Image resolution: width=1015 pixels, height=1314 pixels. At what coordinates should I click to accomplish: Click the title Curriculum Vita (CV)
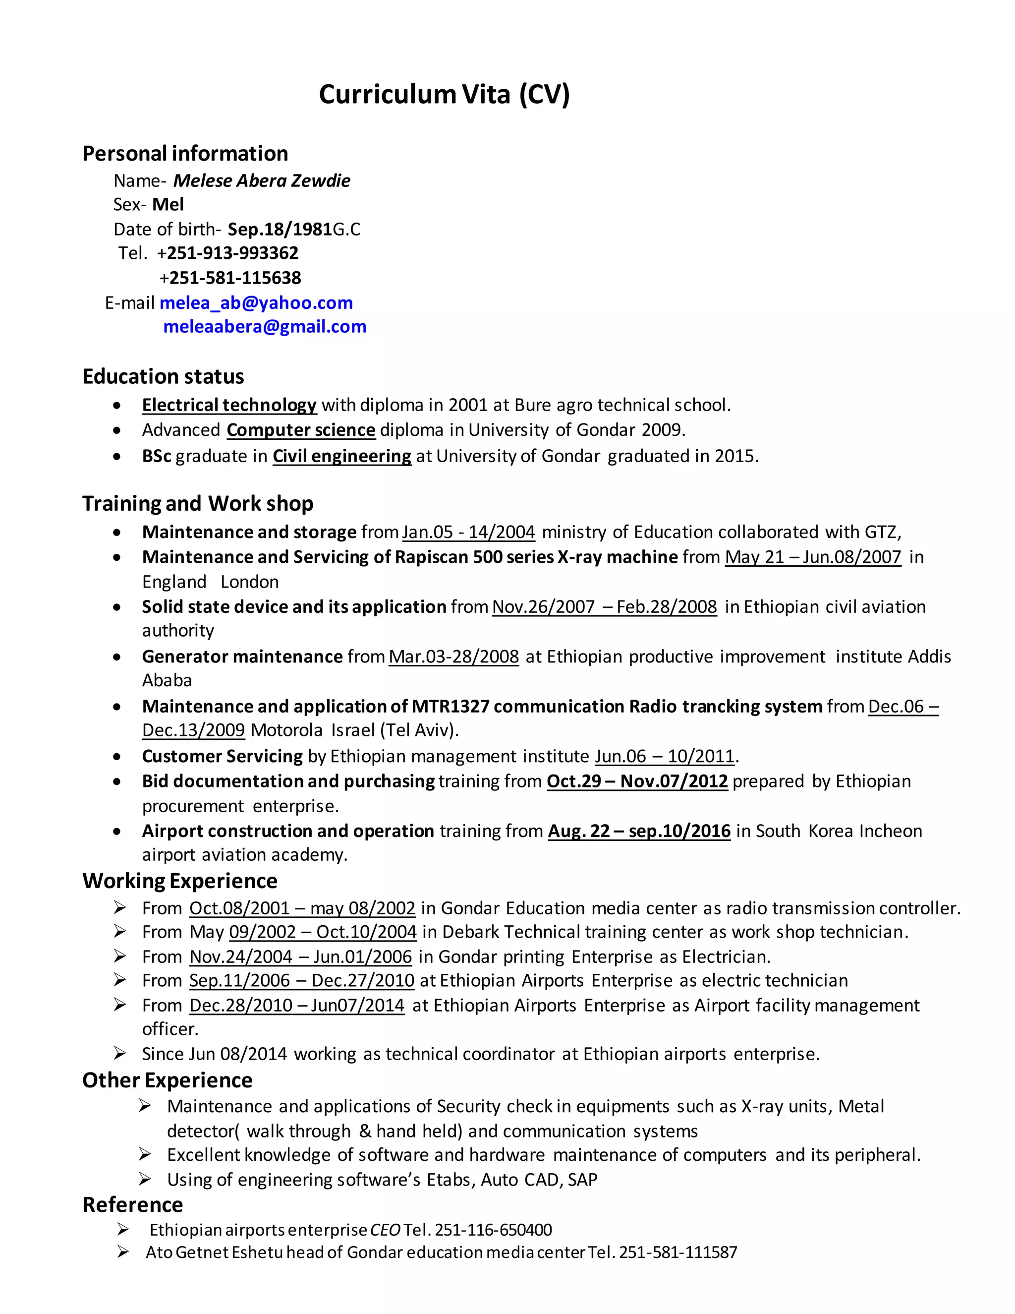[444, 94]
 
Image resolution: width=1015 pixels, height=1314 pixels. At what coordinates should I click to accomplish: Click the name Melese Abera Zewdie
[262, 180]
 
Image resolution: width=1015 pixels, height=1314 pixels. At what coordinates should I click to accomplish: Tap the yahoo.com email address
[256, 302]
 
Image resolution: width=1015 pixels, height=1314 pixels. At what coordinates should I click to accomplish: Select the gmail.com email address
[265, 327]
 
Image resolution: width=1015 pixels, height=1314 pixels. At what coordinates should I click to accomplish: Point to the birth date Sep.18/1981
[280, 229]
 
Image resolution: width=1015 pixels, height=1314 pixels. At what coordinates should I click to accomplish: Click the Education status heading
[163, 377]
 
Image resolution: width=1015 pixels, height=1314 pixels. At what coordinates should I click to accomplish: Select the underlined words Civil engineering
[341, 456]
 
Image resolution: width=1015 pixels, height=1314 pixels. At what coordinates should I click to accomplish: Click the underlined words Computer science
[301, 430]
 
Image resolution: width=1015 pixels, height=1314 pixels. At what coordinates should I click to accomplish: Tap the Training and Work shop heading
[198, 504]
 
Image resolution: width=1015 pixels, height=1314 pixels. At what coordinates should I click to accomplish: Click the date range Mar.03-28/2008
[453, 657]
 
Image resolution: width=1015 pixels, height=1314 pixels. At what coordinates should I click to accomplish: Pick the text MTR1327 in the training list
[450, 706]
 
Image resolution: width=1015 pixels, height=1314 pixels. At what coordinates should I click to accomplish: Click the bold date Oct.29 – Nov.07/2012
[637, 781]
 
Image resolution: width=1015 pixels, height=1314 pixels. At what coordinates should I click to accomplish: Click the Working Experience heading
[180, 881]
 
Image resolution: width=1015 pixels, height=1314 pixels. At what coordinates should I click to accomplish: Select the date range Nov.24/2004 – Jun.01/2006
[301, 956]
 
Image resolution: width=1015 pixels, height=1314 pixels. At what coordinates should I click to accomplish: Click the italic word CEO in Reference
[385, 1230]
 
